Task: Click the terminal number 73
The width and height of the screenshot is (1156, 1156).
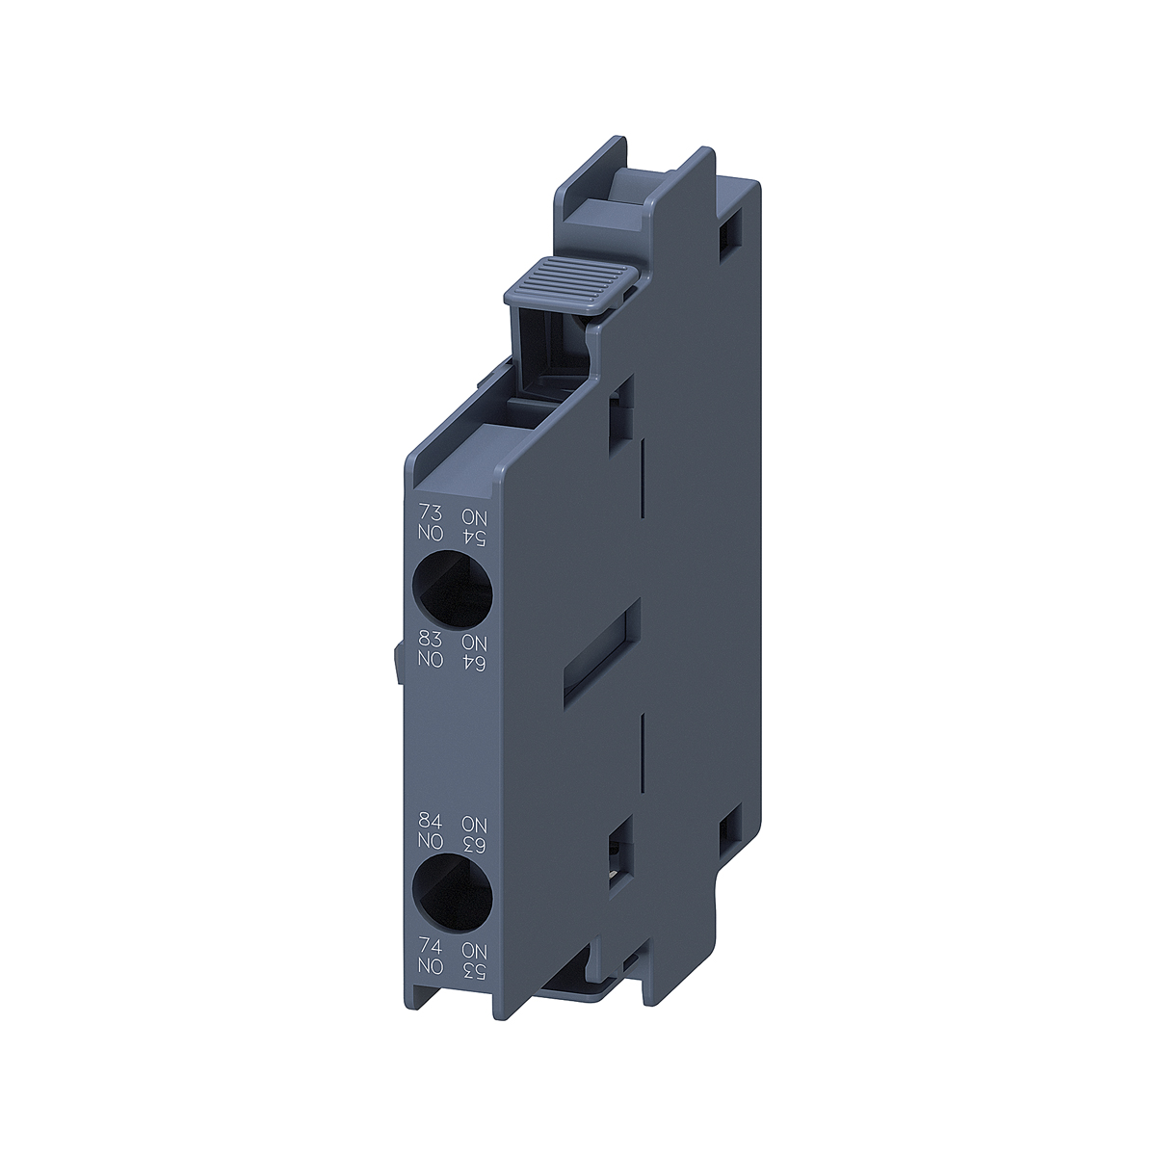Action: click(x=426, y=516)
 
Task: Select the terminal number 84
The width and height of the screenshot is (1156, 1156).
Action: click(x=426, y=823)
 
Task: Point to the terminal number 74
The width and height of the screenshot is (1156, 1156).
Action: click(x=426, y=947)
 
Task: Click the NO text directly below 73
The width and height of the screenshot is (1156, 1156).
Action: click(x=426, y=536)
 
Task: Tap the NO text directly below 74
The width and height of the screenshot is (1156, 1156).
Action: click(x=426, y=966)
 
